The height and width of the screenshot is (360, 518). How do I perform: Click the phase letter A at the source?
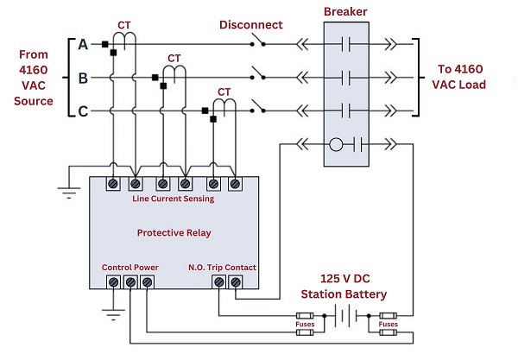(84, 44)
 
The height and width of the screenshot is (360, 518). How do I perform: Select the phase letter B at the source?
(84, 79)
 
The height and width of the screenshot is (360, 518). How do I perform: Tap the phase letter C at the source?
(84, 111)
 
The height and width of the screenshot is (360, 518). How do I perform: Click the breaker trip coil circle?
(338, 143)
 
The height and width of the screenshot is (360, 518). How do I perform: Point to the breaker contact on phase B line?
(348, 79)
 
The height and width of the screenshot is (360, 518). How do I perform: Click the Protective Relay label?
(174, 233)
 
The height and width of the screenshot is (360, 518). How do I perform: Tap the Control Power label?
(129, 267)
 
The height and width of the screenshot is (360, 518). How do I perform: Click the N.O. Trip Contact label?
(222, 267)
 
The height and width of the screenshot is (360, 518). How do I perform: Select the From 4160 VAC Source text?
(35, 78)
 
